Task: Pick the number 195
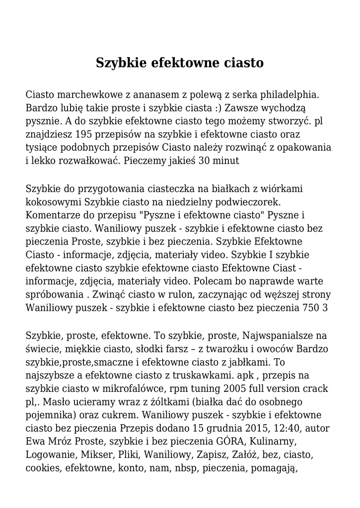point(89,134)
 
